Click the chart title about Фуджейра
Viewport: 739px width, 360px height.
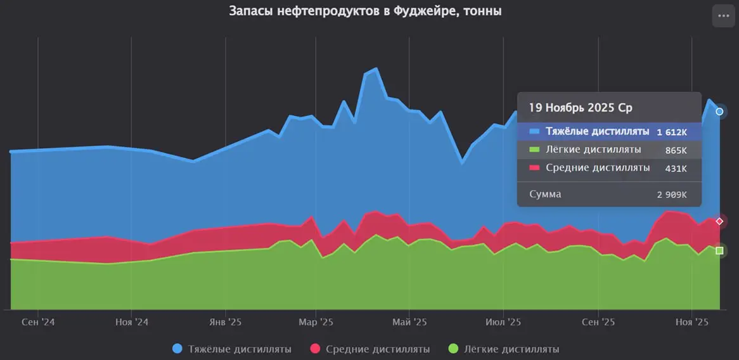[x=365, y=11]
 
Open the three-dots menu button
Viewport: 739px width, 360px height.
[x=723, y=16]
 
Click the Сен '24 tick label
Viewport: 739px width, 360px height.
[x=38, y=322]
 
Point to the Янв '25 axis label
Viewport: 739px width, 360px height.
[x=225, y=322]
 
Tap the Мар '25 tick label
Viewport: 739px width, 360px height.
[x=316, y=322]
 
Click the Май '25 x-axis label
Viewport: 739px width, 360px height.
[x=410, y=322]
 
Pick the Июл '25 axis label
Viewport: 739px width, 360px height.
[x=503, y=322]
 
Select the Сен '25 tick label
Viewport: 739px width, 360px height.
[x=598, y=322]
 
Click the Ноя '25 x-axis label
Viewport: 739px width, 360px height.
[x=691, y=322]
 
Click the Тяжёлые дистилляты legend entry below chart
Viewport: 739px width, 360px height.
[x=232, y=349]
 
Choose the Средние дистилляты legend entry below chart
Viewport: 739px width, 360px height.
[x=370, y=349]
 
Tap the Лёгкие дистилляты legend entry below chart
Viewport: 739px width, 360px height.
[x=504, y=349]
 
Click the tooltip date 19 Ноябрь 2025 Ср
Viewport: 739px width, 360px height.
[x=581, y=108]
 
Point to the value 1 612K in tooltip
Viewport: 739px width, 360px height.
[x=672, y=132]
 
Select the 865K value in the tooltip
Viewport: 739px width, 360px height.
[x=676, y=150]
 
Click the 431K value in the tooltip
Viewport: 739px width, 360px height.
[x=676, y=169]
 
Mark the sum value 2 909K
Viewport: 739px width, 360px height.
[x=672, y=195]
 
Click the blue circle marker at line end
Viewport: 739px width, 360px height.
[x=719, y=112]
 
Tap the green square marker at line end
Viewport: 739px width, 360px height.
[x=719, y=250]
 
